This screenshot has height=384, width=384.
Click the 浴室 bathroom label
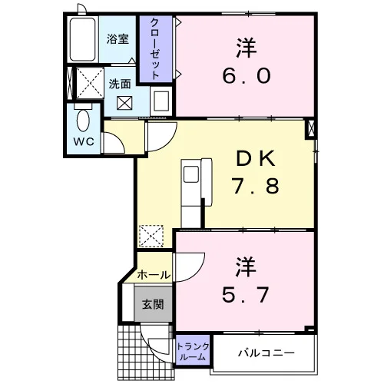pyautogui.click(x=118, y=39)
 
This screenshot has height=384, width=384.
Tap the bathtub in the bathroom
pyautogui.click(x=82, y=39)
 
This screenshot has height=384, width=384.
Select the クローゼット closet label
pyautogui.click(x=155, y=48)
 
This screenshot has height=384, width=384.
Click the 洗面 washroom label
pyautogui.click(x=120, y=84)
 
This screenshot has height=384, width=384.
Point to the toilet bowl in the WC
pyautogui.click(x=83, y=121)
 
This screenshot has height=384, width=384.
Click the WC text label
pyautogui.click(x=84, y=141)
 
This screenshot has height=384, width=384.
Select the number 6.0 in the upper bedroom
pyautogui.click(x=247, y=76)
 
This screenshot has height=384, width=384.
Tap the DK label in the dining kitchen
pyautogui.click(x=256, y=159)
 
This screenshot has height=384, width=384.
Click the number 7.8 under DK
pyautogui.click(x=255, y=186)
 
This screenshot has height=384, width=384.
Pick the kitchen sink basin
pyautogui.click(x=191, y=174)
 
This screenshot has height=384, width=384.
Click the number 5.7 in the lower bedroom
pyautogui.click(x=245, y=295)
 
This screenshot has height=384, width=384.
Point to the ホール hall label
pyautogui.click(x=154, y=275)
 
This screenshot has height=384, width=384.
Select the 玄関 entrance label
pyautogui.click(x=153, y=304)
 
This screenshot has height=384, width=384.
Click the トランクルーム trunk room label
pyautogui.click(x=193, y=352)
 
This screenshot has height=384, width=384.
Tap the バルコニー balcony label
pyautogui.click(x=266, y=353)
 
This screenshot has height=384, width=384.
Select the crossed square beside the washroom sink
pyautogui.click(x=124, y=103)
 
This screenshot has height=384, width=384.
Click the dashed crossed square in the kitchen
pyautogui.click(x=151, y=236)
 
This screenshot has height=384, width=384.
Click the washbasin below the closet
pyautogui.click(x=161, y=101)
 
